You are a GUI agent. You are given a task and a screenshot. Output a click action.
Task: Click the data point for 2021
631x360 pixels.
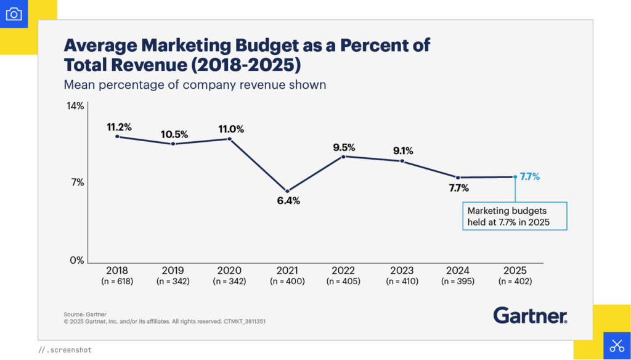[x=287, y=190]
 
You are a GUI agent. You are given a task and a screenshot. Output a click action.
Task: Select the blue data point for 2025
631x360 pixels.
[x=515, y=177]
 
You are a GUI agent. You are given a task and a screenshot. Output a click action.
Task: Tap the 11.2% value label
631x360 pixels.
[x=119, y=127]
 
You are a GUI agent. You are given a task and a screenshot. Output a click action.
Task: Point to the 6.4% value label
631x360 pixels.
[x=287, y=201]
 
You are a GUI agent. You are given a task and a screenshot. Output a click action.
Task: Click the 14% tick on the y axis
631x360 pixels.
[x=75, y=106]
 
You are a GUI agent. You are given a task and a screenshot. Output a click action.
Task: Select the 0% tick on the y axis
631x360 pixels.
[x=76, y=260]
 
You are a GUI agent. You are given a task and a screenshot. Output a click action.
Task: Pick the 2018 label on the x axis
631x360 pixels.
[x=117, y=271]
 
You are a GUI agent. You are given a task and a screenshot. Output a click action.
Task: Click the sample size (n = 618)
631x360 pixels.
[x=117, y=282]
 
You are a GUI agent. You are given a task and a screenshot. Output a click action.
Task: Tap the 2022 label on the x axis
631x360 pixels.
[x=344, y=271]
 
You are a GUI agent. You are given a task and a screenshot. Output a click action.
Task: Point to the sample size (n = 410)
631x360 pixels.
[x=402, y=282]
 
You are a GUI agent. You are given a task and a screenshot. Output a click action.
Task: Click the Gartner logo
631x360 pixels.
[x=530, y=316]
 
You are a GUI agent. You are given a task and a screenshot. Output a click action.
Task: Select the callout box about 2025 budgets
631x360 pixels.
[x=514, y=216]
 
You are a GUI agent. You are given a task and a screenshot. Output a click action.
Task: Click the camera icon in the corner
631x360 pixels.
[x=14, y=14]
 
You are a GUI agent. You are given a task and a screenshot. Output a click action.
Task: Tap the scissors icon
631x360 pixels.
[x=616, y=345]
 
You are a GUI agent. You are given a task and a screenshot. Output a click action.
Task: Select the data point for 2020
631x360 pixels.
[x=230, y=139]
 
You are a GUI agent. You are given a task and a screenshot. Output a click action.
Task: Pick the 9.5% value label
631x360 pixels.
[x=344, y=147]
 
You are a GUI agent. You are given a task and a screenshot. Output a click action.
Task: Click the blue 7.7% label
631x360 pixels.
[x=530, y=177]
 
